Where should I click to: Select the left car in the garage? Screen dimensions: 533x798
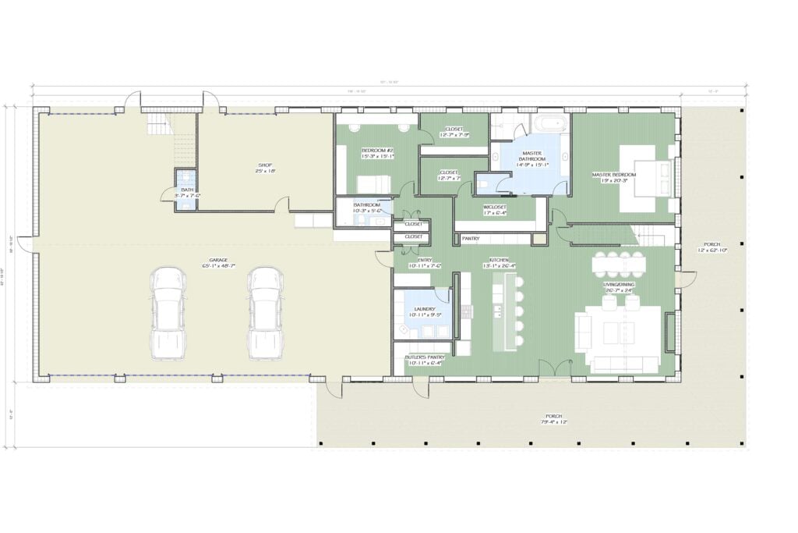click(168, 313)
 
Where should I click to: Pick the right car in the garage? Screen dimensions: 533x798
click(265, 313)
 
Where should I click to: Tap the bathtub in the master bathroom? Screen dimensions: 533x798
click(551, 123)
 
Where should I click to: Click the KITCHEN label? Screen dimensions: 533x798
click(500, 261)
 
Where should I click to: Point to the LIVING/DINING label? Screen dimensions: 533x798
click(617, 286)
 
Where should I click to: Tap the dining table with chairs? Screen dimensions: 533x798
click(620, 265)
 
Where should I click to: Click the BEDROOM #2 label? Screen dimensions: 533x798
click(377, 152)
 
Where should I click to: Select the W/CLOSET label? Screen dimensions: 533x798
click(496, 208)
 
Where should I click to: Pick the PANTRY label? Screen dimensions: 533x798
click(471, 237)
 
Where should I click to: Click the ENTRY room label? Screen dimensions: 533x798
click(425, 261)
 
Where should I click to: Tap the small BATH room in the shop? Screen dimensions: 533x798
click(186, 190)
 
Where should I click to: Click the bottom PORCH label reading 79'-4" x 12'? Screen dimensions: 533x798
click(554, 419)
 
